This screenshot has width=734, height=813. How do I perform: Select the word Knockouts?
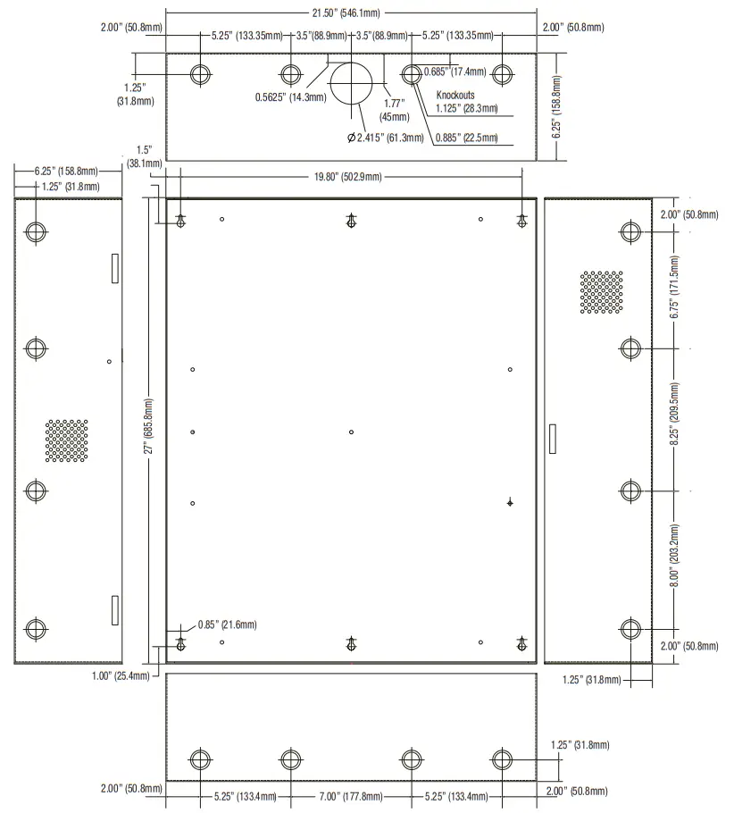pyautogui.click(x=455, y=95)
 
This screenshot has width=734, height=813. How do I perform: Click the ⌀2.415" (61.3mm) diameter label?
pyautogui.click(x=385, y=138)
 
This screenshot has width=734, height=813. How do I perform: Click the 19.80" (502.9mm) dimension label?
pyautogui.click(x=347, y=177)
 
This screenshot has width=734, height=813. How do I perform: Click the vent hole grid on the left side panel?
pyautogui.click(x=67, y=440)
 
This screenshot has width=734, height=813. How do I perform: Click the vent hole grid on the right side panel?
pyautogui.click(x=601, y=293)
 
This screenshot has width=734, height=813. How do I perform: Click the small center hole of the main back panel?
pyautogui.click(x=352, y=432)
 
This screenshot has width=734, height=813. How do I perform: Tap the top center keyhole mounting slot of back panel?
pyautogui.click(x=352, y=221)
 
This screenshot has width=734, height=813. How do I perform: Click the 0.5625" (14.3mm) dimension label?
pyautogui.click(x=290, y=97)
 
